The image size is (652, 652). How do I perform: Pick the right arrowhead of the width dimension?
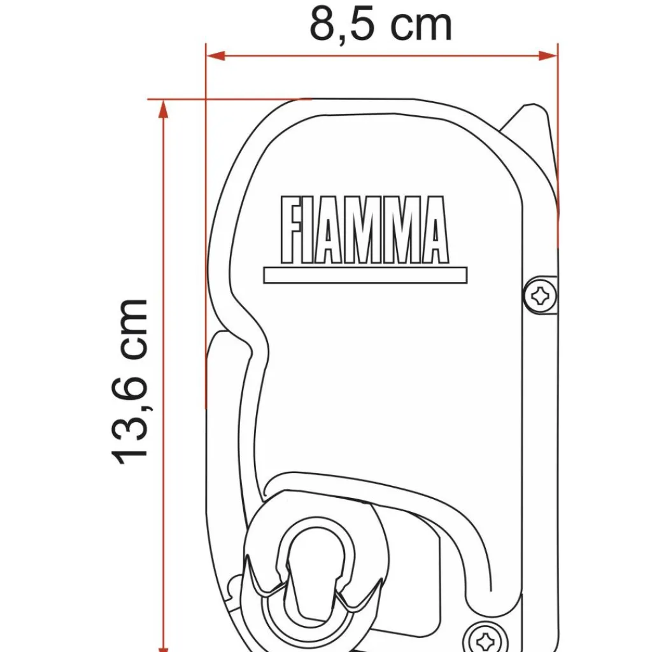tap(549, 56)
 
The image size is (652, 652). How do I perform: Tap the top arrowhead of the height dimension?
tap(164, 109)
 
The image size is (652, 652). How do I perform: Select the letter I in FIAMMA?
tap(311, 230)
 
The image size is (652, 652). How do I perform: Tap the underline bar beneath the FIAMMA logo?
tap(365, 275)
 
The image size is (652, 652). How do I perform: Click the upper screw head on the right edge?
tap(541, 294)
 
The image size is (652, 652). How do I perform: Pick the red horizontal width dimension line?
tap(382, 56)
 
